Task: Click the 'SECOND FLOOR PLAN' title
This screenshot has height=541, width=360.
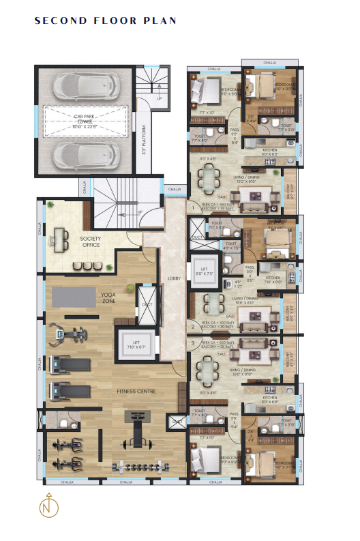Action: tap(106, 21)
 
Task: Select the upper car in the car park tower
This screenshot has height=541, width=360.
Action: tap(82, 85)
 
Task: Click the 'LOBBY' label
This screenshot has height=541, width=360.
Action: tap(173, 278)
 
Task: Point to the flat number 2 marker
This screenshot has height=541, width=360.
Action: tap(193, 327)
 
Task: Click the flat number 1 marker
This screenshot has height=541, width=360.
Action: tap(193, 207)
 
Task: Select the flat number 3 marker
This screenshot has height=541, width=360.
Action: tap(193, 343)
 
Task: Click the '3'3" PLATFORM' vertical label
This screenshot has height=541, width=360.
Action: tap(144, 141)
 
